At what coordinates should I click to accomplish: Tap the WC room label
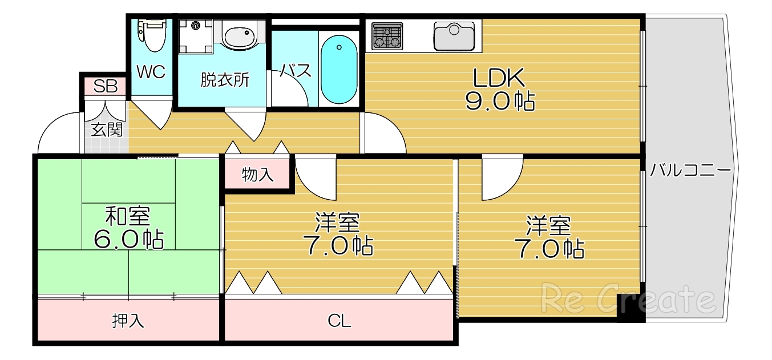(151, 72)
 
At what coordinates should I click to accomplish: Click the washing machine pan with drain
(195, 36)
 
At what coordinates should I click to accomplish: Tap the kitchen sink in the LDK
(455, 36)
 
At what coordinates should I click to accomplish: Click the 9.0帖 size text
(500, 101)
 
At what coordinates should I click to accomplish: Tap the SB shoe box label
(105, 87)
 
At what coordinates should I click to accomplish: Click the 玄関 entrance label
(107, 130)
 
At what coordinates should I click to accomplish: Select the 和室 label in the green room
(128, 217)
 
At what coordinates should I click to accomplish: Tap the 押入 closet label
(128, 321)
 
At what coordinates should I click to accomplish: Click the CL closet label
(339, 321)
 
